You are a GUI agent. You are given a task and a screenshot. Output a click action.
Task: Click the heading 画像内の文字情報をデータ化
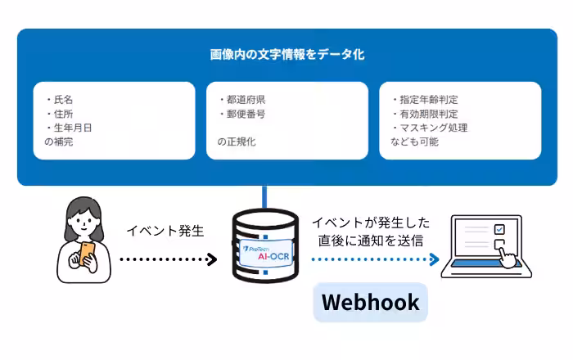click(x=286, y=56)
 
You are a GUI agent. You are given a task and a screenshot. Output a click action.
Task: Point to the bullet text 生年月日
click(x=72, y=128)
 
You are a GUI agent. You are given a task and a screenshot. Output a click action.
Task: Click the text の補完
click(x=61, y=142)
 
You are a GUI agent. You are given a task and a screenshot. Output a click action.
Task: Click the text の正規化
click(x=237, y=142)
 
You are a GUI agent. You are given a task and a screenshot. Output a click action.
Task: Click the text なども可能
click(x=414, y=142)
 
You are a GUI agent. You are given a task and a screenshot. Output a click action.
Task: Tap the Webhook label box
click(x=370, y=303)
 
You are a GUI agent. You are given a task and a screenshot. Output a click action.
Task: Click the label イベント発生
click(x=165, y=231)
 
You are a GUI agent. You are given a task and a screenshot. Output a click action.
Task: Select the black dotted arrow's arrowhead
click(x=212, y=259)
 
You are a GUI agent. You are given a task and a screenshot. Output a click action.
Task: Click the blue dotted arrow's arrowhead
click(x=435, y=259)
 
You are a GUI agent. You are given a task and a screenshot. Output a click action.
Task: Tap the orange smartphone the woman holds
click(x=86, y=250)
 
